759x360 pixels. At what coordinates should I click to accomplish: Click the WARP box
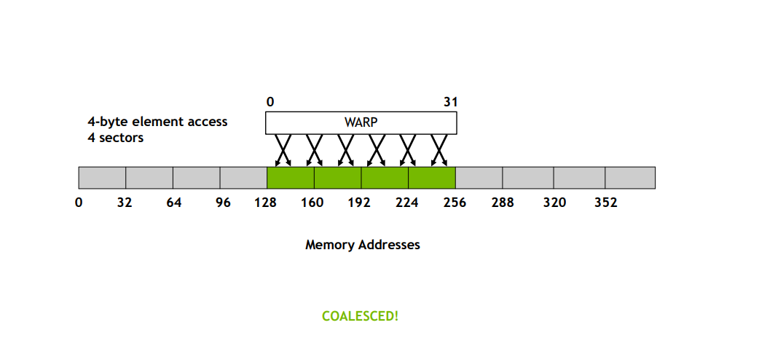pos(361,122)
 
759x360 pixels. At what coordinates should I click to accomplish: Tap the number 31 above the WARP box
pos(450,102)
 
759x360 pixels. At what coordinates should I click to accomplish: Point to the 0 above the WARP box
pos(270,102)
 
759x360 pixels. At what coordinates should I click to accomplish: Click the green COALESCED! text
pos(360,316)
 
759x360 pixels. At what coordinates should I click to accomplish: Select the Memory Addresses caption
pos(363,245)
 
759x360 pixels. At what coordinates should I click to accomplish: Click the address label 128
pos(266,203)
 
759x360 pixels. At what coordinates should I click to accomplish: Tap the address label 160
pos(312,203)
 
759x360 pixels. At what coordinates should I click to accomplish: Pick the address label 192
pos(359,203)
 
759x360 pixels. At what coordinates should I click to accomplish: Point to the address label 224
pos(406,203)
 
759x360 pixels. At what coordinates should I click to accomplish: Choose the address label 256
pos(455,203)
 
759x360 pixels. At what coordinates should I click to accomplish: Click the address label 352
pos(606,203)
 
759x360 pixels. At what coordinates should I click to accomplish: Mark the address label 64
pos(174,203)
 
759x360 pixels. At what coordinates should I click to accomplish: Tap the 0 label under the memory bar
pos(79,203)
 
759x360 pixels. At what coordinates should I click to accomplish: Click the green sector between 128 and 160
pos(291,178)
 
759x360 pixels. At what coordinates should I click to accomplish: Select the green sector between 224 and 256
pos(432,178)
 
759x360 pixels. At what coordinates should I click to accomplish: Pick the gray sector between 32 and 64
pos(149,178)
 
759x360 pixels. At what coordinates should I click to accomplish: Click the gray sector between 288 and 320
pos(528,178)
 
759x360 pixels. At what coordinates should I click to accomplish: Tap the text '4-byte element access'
pos(157,122)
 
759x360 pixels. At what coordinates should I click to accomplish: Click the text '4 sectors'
pos(115,138)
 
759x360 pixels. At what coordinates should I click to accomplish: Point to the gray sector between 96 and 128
pos(243,178)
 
